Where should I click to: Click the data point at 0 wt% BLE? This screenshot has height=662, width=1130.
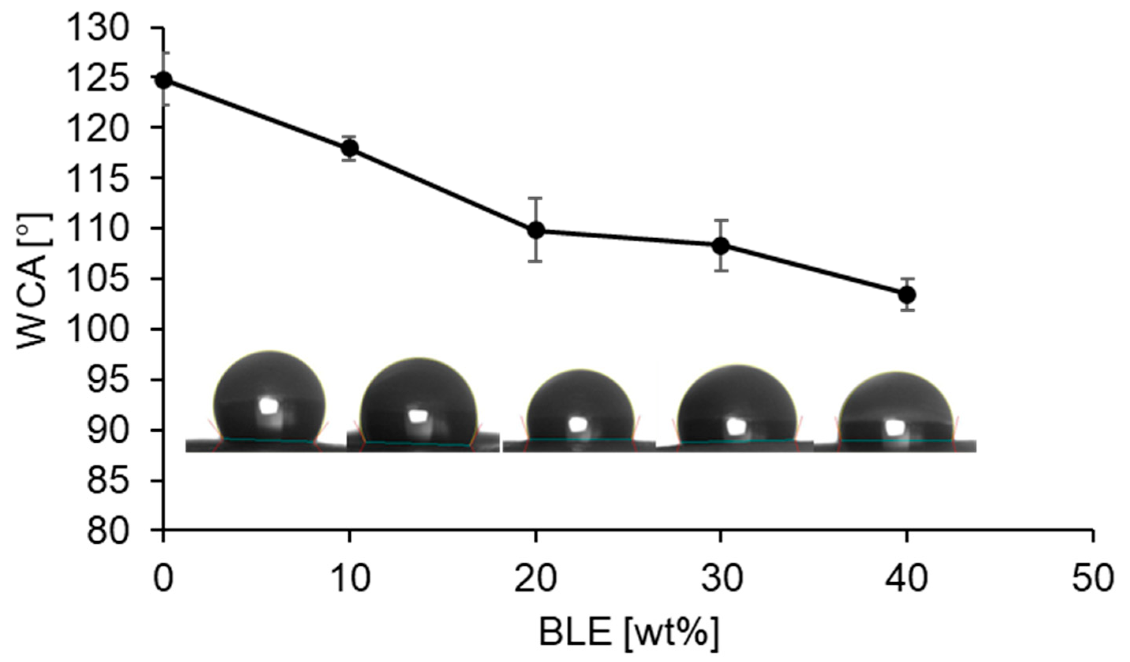(164, 80)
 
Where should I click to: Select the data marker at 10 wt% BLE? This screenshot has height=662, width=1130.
(350, 148)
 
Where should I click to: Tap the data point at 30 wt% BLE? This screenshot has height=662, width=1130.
(721, 245)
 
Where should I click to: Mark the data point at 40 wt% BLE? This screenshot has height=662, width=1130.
(907, 295)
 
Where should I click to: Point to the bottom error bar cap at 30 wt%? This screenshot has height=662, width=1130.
(721, 271)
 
